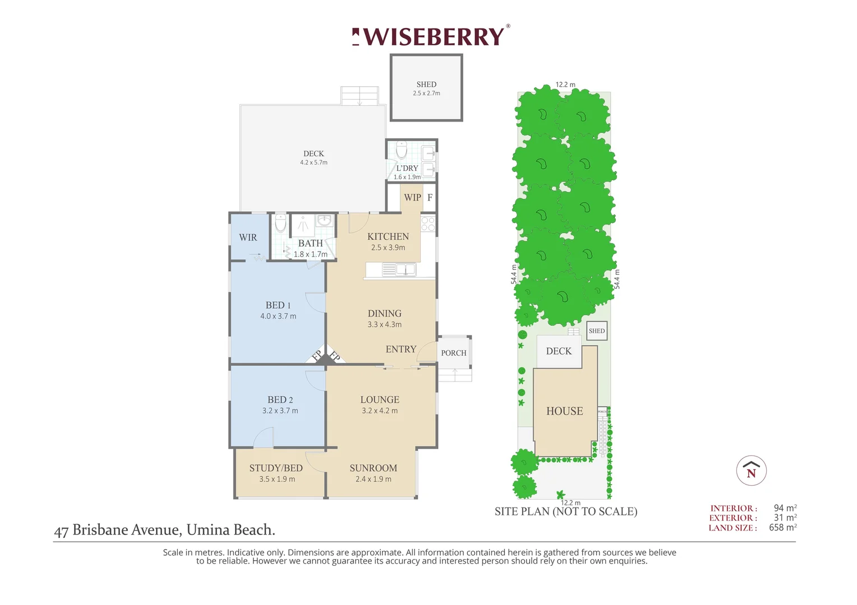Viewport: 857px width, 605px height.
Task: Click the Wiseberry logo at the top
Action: [431, 36]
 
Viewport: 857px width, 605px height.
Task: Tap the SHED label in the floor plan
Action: [426, 85]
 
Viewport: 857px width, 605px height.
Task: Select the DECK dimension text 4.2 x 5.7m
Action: [314, 162]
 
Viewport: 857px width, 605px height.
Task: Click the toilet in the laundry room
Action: [402, 150]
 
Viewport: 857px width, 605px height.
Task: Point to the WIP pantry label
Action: [412, 198]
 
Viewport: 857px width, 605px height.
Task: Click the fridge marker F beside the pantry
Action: [430, 198]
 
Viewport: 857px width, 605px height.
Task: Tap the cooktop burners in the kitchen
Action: [428, 224]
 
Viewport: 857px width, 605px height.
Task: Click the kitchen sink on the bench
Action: [406, 270]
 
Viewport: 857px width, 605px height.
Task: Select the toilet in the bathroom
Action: [280, 223]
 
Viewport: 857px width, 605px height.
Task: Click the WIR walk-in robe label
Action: [248, 238]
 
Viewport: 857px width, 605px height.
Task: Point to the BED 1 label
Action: [278, 305]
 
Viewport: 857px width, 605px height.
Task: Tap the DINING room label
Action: [385, 313]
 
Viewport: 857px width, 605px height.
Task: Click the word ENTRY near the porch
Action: [401, 349]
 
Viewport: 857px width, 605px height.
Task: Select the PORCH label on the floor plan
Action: [454, 353]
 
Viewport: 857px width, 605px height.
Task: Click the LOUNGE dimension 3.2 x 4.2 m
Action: [380, 411]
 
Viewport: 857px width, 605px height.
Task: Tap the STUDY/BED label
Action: [276, 468]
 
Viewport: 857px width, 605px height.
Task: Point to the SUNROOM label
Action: [374, 468]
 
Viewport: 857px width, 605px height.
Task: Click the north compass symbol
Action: [752, 471]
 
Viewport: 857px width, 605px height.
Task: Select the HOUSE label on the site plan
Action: [565, 411]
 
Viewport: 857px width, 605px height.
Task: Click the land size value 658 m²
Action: [783, 528]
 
